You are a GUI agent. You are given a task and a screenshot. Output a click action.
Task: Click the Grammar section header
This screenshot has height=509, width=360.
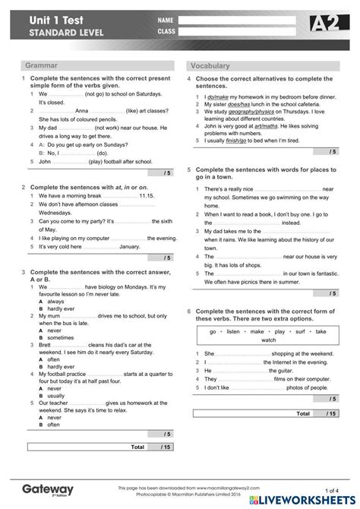pyautogui.click(x=41, y=66)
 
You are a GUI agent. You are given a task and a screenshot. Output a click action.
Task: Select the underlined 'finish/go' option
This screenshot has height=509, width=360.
pyautogui.click(x=236, y=141)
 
